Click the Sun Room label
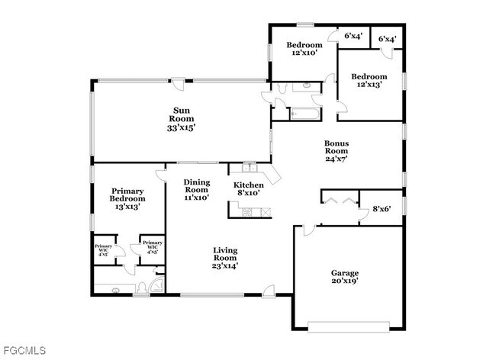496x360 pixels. [182, 118]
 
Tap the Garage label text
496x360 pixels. [345, 272]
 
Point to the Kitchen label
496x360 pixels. [249, 185]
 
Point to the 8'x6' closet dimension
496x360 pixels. [382, 210]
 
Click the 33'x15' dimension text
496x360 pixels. [182, 128]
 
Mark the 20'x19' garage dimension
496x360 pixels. [345, 281]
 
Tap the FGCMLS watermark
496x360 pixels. [24, 351]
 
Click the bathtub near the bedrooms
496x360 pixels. [306, 114]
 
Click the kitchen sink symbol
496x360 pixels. [248, 167]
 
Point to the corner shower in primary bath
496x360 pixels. [156, 286]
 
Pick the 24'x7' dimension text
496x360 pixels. [337, 159]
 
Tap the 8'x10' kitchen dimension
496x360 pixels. [249, 194]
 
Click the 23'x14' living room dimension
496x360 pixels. [224, 266]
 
